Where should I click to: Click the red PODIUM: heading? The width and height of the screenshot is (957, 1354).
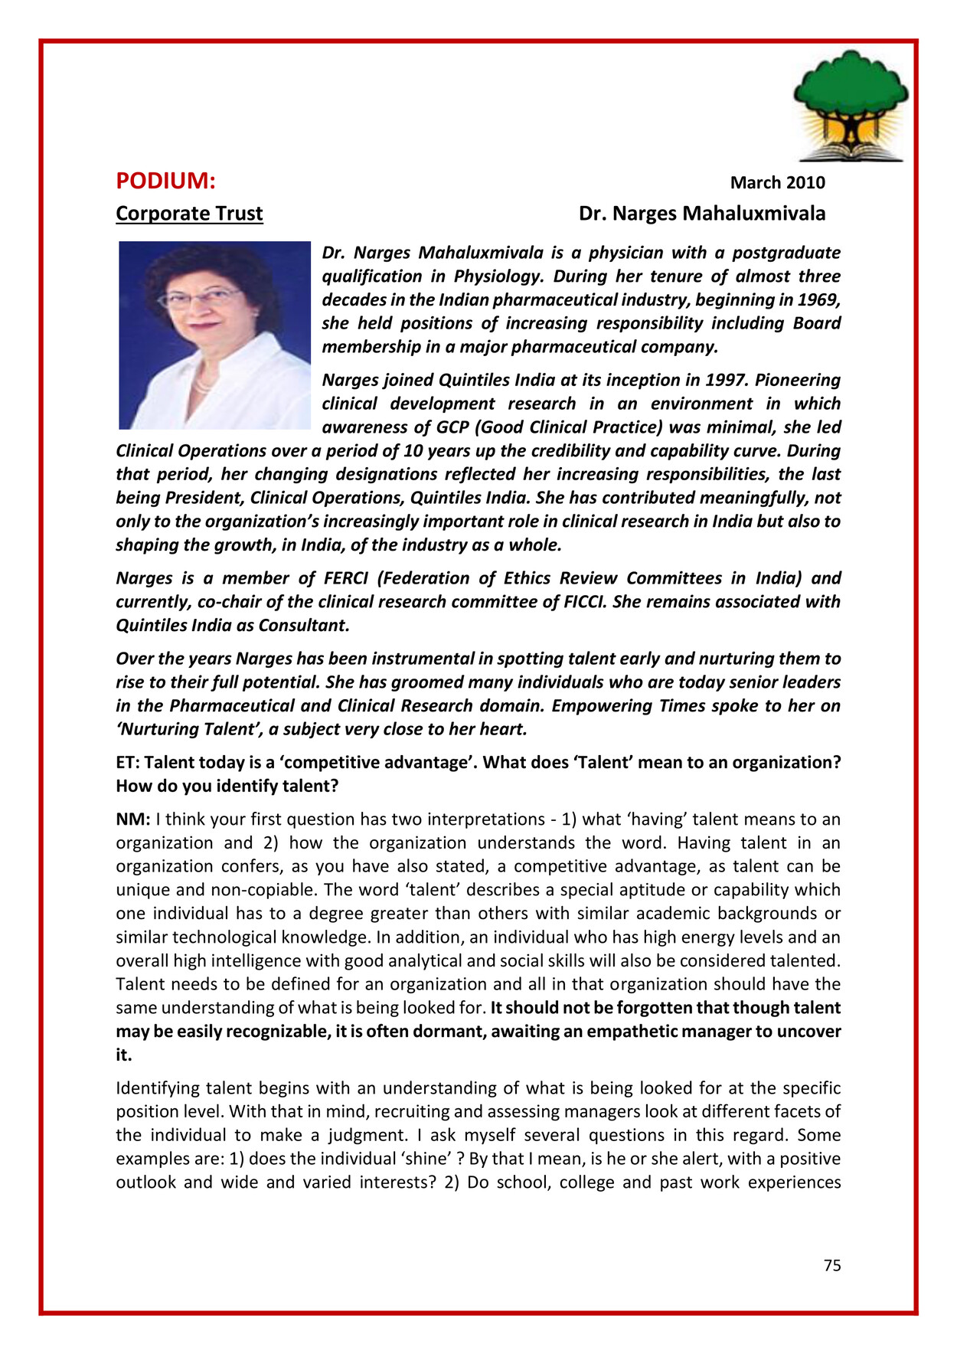(165, 182)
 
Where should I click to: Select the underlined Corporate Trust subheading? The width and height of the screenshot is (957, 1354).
(189, 214)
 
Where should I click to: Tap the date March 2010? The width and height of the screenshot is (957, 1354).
(777, 182)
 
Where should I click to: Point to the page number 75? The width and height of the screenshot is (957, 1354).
(832, 1265)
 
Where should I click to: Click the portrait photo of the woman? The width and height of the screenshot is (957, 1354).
(214, 335)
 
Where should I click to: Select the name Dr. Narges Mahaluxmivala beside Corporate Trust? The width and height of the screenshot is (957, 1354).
(701, 214)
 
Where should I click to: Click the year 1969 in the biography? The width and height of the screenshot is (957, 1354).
(818, 299)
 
